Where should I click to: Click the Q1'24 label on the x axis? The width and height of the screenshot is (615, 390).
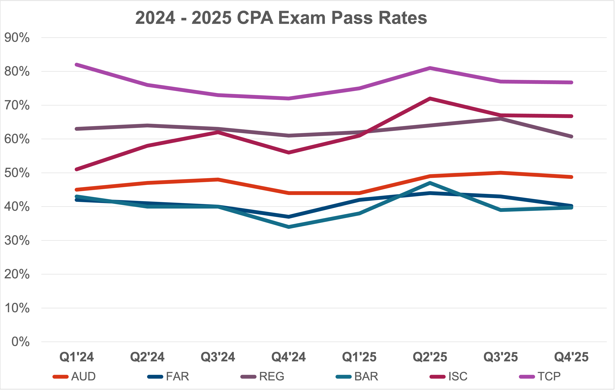77,357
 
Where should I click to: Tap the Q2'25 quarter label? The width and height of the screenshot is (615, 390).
430,357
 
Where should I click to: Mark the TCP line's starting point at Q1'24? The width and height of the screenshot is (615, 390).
77,65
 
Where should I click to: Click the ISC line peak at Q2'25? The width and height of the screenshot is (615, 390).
430,99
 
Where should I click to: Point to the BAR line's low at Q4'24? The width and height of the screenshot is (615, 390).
289,227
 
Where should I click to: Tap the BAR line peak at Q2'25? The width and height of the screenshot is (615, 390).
430,183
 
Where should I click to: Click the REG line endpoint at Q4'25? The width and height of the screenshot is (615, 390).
571,136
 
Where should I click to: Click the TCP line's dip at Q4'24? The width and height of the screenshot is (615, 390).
289,98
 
